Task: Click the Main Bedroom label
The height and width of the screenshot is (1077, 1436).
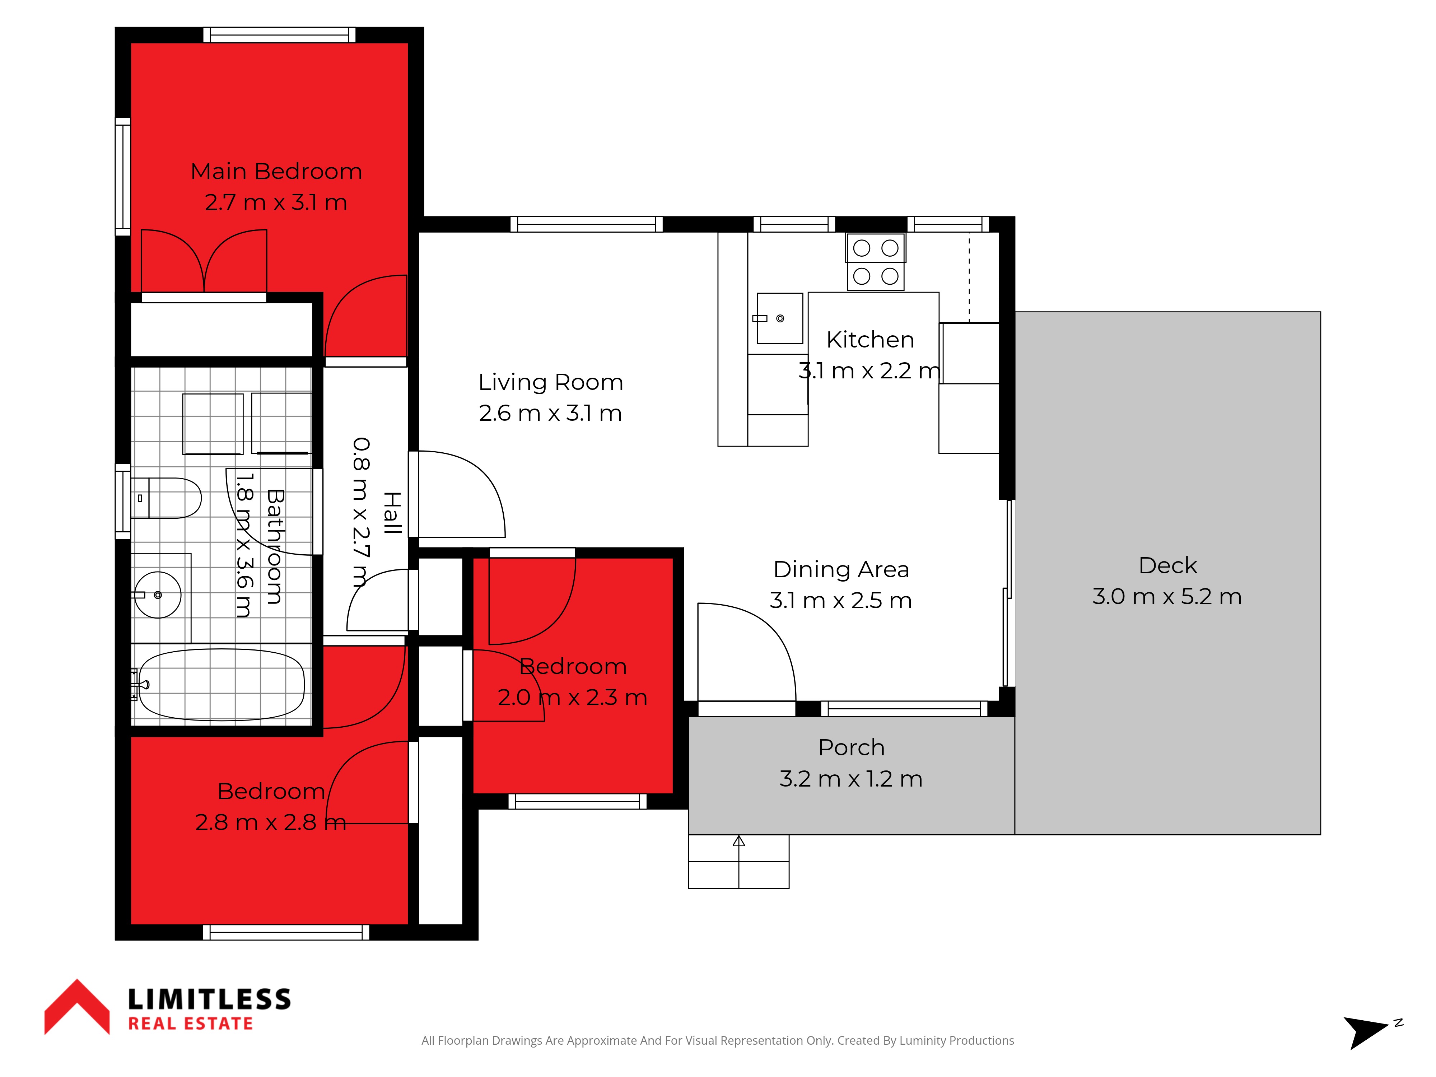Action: coord(276,171)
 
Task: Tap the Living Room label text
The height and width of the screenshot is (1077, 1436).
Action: coord(550,382)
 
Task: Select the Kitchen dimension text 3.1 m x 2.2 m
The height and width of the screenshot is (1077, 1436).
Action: coord(869,371)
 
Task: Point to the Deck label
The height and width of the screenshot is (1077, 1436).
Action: coord(1167,565)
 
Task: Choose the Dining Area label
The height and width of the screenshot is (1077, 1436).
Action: coord(841,569)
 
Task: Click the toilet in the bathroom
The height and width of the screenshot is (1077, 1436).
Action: coord(166,498)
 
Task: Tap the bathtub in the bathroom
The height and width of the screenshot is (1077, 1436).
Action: coord(221,685)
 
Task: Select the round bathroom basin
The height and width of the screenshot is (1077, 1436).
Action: coord(158,595)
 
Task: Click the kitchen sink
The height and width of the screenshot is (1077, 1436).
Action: coord(780,318)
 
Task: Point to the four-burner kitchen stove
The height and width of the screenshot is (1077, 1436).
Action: coord(875,262)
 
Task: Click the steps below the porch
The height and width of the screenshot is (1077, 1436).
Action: coord(739,862)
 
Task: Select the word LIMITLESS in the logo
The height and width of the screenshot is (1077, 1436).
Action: coord(209,999)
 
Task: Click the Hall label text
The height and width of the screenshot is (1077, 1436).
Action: coord(391,513)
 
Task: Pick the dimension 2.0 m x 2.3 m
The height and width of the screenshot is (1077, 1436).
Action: coord(572,697)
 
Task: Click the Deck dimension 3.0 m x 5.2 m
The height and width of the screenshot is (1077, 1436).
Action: coord(1167,597)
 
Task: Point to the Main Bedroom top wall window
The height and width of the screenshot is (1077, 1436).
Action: coord(279,35)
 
